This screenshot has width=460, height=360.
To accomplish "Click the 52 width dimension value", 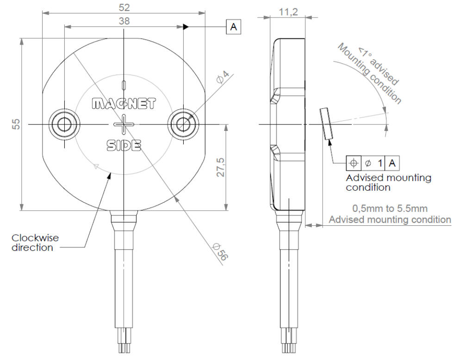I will tap(124, 7).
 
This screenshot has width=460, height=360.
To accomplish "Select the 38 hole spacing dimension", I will tap(124, 21).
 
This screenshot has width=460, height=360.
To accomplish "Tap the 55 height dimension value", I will tap(16, 124).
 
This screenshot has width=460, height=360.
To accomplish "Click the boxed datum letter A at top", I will tap(234, 27).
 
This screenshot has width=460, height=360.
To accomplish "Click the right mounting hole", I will tap(184, 124).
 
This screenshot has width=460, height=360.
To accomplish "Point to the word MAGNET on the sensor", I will tap(124, 103).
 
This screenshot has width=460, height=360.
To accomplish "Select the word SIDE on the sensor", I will tap(124, 146).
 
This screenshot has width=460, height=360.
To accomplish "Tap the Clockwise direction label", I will tap(35, 242).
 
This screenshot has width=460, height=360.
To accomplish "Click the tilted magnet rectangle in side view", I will tap(325, 124).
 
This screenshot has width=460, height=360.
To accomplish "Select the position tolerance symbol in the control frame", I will tap(354, 163).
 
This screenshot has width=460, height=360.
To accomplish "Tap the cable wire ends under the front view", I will tap(124, 347).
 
